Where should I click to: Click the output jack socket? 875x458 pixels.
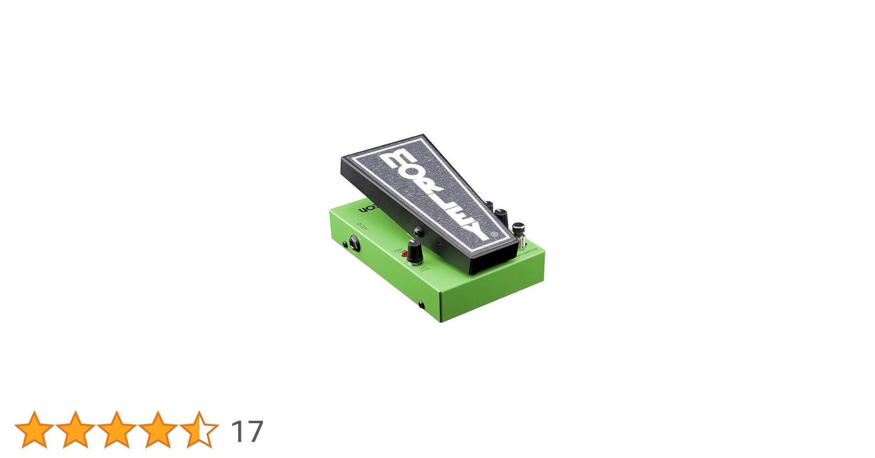tap(355, 243)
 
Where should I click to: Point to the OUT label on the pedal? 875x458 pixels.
tap(362, 225)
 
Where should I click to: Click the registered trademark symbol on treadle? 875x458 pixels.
tap(494, 234)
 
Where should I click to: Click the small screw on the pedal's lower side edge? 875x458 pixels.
tap(421, 304)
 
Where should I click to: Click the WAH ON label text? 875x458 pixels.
tap(399, 251)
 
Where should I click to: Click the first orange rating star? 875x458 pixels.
tap(34, 429)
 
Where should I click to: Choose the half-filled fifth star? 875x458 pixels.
tap(199, 429)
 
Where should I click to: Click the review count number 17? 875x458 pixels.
tap(247, 431)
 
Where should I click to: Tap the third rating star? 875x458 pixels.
tap(117, 429)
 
